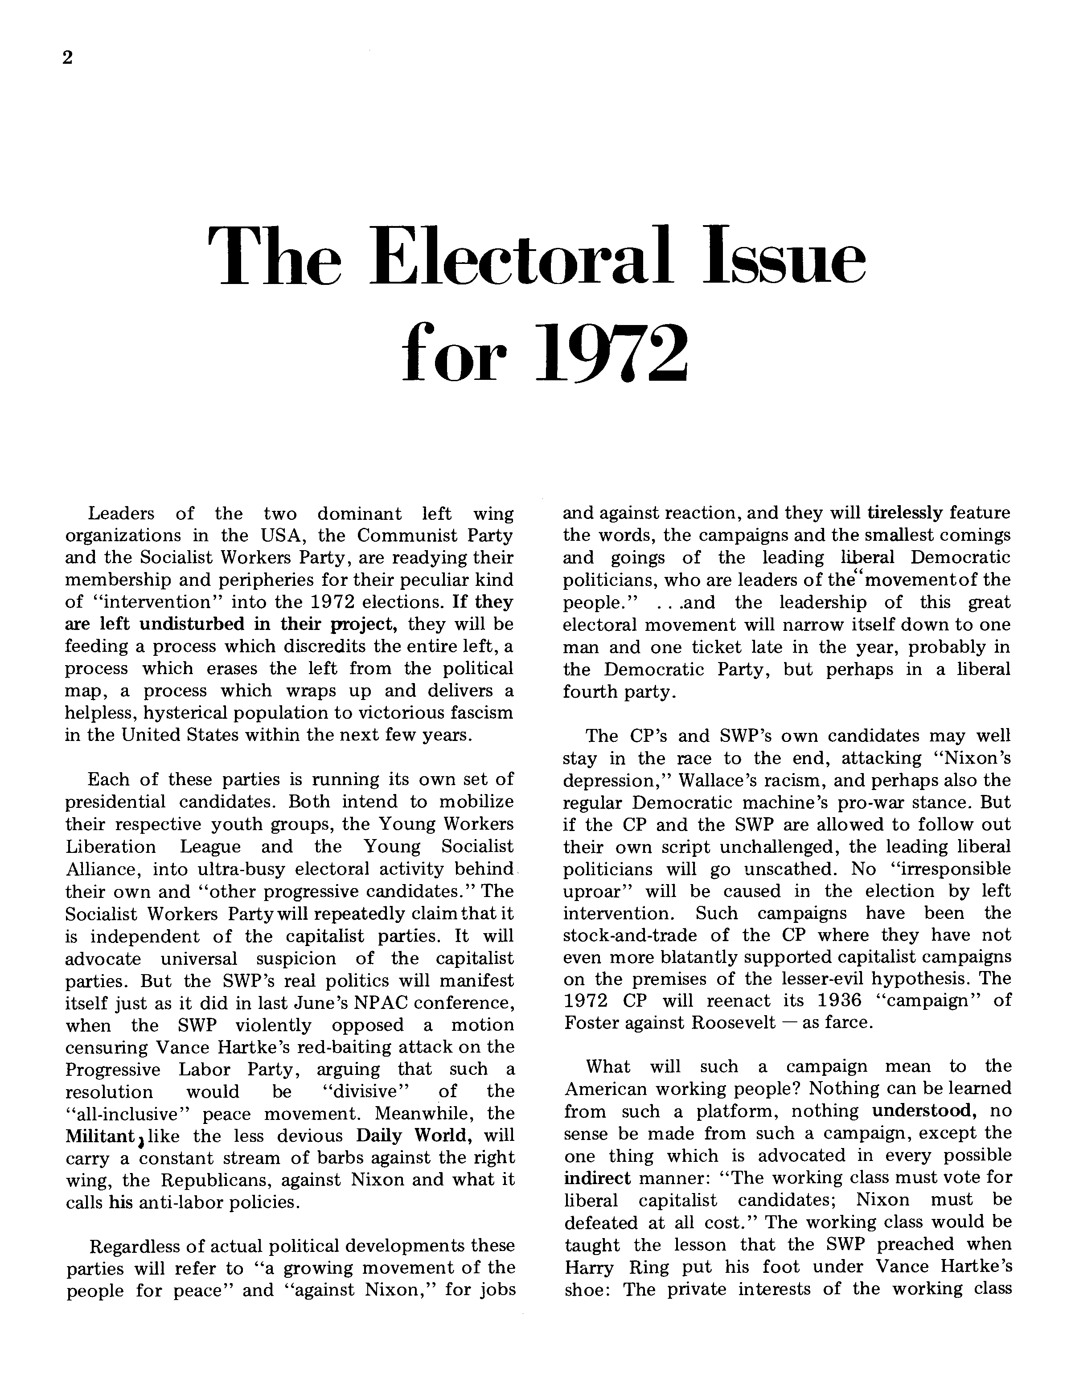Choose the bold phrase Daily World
click(x=414, y=1135)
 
